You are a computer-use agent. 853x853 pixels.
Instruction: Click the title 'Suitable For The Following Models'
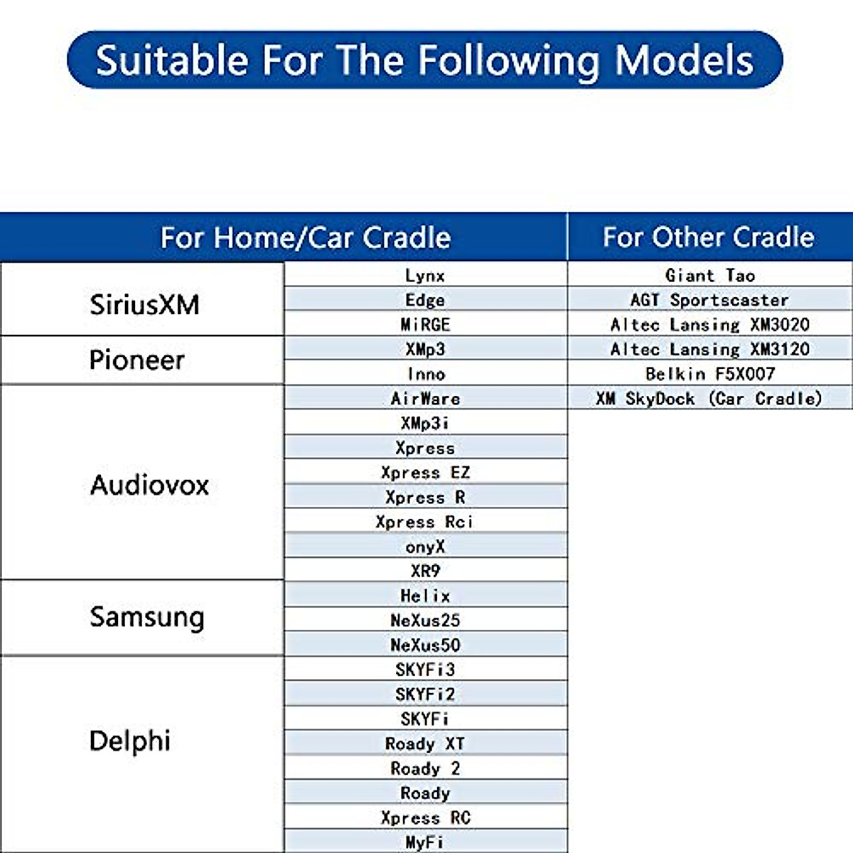[x=424, y=60]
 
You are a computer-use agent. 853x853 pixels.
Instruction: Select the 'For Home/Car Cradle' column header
[x=306, y=237]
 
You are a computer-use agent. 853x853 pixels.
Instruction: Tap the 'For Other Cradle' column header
[x=709, y=237]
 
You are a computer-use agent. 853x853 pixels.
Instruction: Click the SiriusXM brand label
[x=144, y=304]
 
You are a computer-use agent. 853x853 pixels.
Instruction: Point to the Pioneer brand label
[x=137, y=360]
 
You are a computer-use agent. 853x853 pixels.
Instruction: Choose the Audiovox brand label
[x=149, y=485]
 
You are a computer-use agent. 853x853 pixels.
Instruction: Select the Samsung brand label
[x=146, y=616]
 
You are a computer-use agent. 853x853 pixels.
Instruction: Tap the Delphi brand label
[x=130, y=741]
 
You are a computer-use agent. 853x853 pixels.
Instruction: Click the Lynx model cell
[x=425, y=275]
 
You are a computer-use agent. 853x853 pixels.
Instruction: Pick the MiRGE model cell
[x=425, y=325]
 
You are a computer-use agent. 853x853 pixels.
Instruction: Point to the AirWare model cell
[x=425, y=399]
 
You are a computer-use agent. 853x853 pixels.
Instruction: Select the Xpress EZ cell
[x=425, y=473]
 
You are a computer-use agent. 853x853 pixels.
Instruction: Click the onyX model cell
[x=425, y=547]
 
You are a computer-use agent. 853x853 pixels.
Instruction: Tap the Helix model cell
[x=425, y=596]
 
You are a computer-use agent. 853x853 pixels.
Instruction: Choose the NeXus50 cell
[x=425, y=645]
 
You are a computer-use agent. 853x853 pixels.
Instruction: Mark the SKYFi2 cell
[x=425, y=694]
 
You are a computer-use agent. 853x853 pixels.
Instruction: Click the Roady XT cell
[x=425, y=744]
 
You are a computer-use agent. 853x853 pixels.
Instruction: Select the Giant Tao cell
[x=709, y=275]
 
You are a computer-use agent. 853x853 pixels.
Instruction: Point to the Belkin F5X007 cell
[x=709, y=374]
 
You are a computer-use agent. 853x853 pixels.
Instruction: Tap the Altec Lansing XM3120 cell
[x=709, y=349]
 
